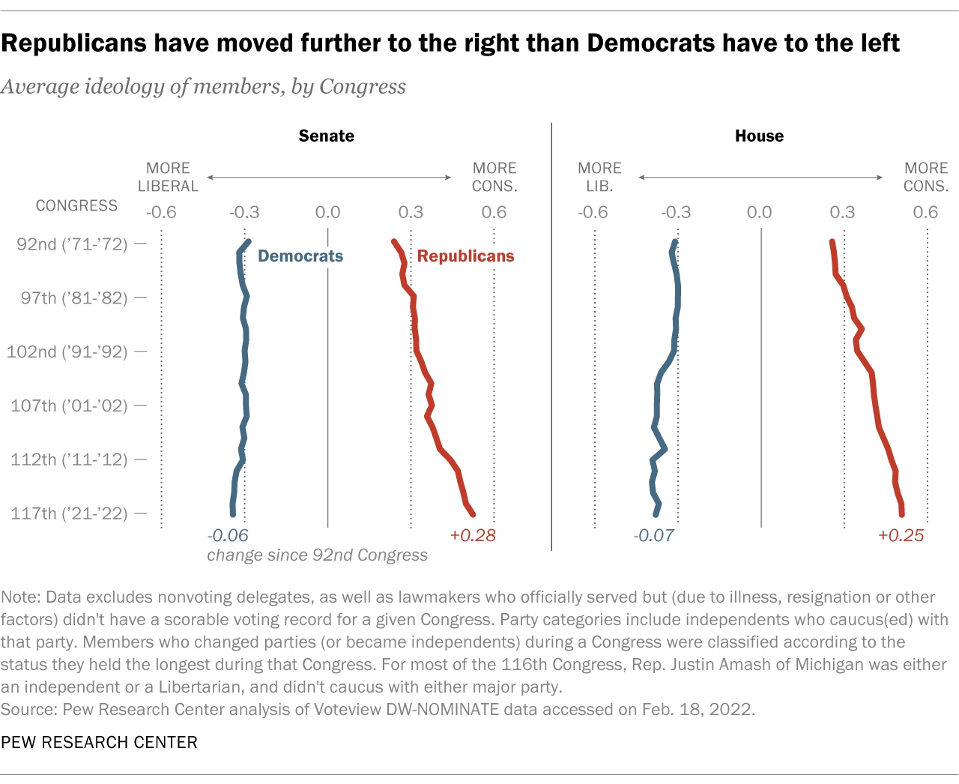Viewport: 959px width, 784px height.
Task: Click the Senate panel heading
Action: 326,136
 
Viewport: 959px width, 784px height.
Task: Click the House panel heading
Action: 759,136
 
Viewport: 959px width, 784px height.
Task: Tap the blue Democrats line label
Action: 300,256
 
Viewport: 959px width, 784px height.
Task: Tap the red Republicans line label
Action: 465,256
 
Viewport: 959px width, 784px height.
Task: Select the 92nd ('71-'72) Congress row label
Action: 72,244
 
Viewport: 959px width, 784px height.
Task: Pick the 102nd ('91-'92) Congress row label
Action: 67,352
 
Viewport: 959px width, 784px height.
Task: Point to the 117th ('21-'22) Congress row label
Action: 69,513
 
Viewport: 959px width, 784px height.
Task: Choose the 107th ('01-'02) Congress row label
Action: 69,405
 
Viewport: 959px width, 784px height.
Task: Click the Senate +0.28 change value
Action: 473,535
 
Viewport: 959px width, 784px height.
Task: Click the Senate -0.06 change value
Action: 228,535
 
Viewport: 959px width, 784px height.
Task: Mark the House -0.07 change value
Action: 654,535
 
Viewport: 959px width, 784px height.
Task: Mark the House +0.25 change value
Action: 901,535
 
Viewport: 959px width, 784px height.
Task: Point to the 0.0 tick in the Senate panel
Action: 327,212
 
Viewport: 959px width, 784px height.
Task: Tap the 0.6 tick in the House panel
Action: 925,212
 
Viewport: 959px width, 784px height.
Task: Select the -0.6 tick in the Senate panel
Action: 161,212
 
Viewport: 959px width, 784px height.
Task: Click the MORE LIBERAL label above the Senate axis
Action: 168,177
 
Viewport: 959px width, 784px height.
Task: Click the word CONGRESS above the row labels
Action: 76,205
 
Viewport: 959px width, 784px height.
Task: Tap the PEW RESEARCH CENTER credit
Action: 99,742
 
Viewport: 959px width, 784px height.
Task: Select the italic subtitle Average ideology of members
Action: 203,87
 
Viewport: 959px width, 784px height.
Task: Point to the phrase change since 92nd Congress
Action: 317,555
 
